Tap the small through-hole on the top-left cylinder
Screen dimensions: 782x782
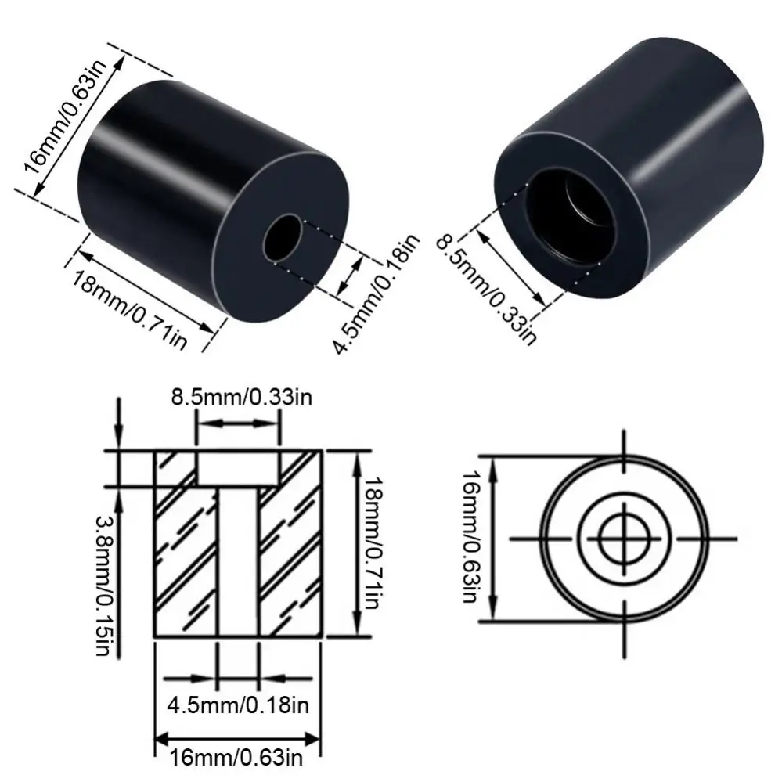click(x=283, y=238)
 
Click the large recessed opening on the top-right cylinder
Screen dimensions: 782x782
click(x=568, y=214)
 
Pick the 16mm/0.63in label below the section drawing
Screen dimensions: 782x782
click(x=236, y=758)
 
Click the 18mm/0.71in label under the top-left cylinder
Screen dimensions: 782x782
click(x=129, y=310)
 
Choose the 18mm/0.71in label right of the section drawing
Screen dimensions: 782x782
click(x=374, y=543)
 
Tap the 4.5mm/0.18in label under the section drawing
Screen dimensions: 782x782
click(x=238, y=705)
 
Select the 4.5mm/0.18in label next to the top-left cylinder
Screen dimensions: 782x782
click(x=377, y=294)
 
